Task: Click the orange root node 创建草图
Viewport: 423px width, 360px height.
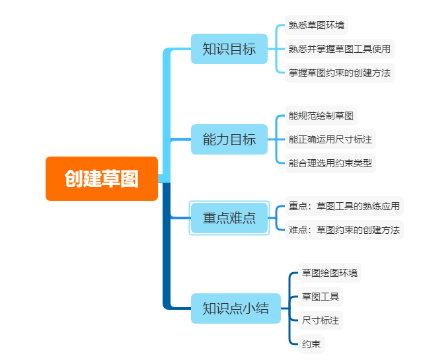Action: tap(102, 178)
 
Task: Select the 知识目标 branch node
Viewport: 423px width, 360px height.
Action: tap(229, 49)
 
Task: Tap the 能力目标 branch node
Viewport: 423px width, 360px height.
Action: tap(229, 139)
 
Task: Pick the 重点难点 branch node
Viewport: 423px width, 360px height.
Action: tap(229, 218)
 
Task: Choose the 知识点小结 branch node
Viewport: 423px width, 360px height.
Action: tap(234, 308)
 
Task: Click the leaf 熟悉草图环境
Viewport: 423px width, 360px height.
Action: tap(317, 25)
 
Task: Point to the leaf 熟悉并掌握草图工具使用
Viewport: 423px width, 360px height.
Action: tap(339, 48)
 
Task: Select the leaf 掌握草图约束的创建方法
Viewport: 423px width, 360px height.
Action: tap(339, 71)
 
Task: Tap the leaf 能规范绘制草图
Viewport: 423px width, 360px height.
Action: tap(321, 116)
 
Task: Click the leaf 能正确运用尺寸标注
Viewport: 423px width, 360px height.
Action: tap(330, 139)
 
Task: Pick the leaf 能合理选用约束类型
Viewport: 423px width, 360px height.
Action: tap(330, 162)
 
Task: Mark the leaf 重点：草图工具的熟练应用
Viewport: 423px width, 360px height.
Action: tap(344, 206)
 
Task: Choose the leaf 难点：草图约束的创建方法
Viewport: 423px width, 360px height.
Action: tap(344, 230)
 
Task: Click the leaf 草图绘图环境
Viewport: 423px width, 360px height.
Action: tap(330, 272)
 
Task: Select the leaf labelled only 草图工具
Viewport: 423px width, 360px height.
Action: tap(320, 296)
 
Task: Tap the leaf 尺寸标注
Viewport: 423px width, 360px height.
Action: tap(320, 320)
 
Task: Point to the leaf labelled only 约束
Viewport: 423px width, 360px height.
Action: tap(311, 344)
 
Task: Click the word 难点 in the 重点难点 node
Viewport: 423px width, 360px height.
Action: tap(243, 218)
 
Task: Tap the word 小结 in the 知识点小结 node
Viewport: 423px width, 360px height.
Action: tap(254, 308)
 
